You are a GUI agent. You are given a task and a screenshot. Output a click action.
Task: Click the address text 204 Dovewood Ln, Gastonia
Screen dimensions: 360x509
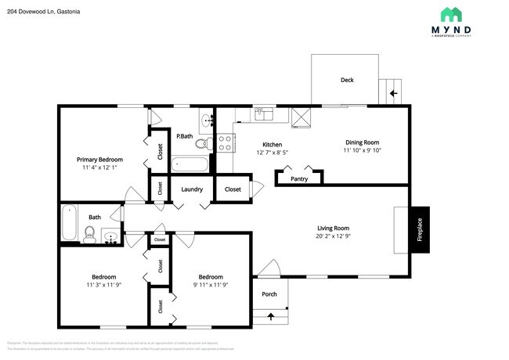pyautogui.click(x=45, y=13)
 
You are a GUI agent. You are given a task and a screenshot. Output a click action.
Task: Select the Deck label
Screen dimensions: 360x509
pyautogui.click(x=347, y=80)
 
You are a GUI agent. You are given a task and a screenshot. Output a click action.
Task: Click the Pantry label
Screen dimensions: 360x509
pyautogui.click(x=299, y=178)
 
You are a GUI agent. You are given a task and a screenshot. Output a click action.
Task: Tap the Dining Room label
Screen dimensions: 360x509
pyautogui.click(x=361, y=142)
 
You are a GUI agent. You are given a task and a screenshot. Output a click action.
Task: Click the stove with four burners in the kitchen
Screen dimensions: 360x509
pyautogui.click(x=226, y=143)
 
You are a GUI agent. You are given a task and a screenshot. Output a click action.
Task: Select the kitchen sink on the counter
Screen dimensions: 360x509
pyautogui.click(x=262, y=115)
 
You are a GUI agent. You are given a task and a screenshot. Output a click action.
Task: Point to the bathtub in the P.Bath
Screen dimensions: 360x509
pyautogui.click(x=190, y=164)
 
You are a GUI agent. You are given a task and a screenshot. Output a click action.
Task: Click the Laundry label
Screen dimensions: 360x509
pyautogui.click(x=193, y=189)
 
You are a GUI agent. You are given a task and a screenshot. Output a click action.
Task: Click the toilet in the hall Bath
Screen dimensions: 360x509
pyautogui.click(x=90, y=233)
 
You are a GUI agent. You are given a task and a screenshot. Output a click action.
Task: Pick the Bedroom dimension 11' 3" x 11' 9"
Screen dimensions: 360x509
pyautogui.click(x=104, y=286)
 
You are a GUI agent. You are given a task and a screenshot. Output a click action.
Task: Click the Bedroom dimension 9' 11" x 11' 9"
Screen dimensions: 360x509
pyautogui.click(x=210, y=286)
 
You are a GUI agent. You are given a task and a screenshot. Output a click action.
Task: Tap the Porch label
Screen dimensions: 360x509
pyautogui.click(x=269, y=295)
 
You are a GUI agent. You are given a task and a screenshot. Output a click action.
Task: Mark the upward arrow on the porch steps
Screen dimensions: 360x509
pyautogui.click(x=272, y=316)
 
